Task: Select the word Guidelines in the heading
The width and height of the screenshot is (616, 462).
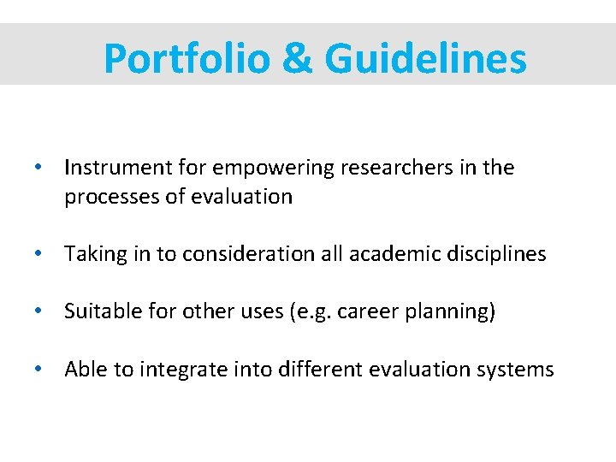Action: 425,58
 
